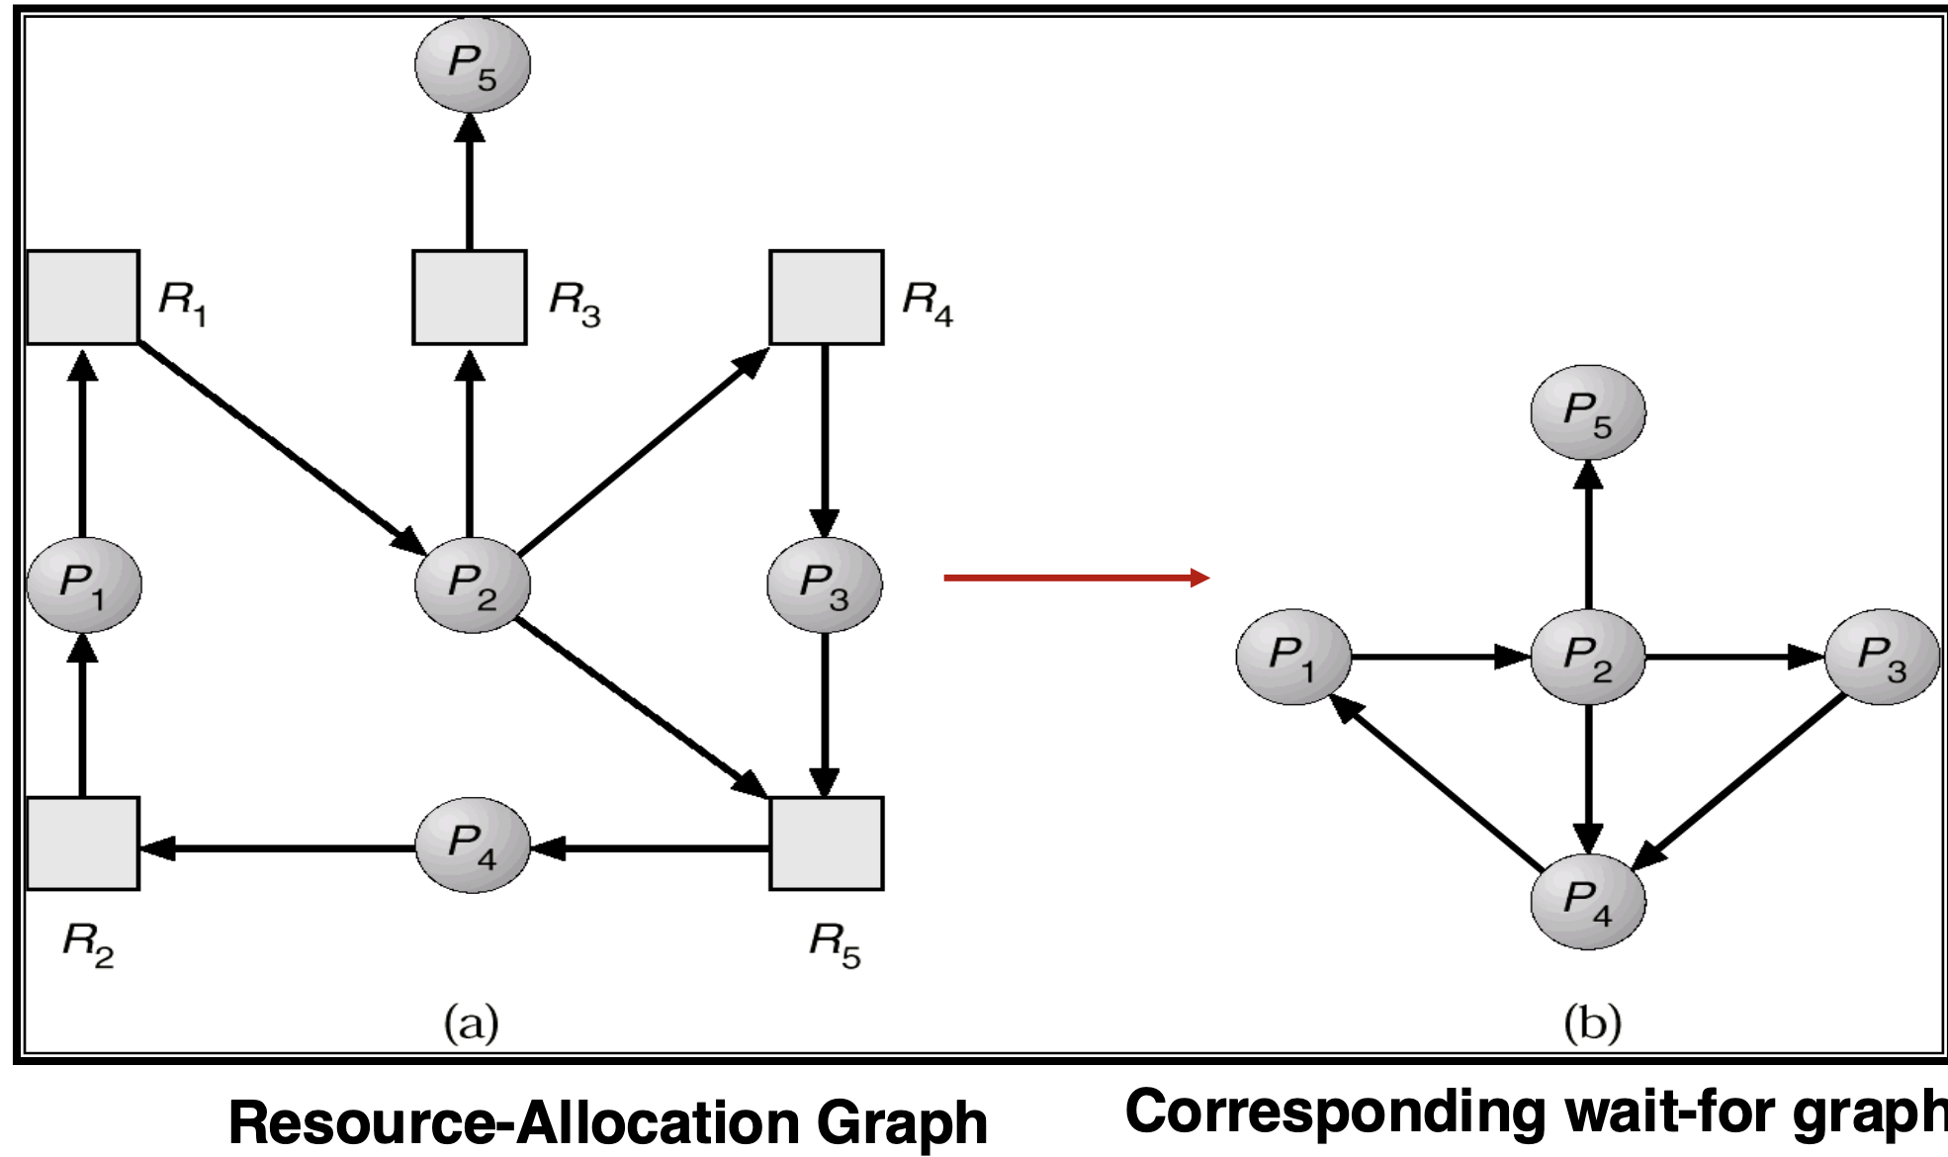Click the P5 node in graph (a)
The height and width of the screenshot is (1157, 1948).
coord(473,64)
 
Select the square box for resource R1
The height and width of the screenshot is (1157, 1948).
coord(83,297)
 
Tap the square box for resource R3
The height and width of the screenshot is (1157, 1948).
coord(470,297)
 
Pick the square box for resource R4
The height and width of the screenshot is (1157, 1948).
coord(827,297)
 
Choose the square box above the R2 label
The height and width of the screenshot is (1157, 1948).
coord(83,844)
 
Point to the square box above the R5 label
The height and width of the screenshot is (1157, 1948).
coord(827,844)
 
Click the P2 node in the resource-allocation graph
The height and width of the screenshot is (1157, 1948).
coord(473,584)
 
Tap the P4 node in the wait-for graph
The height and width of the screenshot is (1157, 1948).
coord(1588,901)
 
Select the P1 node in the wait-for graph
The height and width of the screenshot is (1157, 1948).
coord(1293,657)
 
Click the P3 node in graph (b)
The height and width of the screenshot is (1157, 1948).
coord(1882,657)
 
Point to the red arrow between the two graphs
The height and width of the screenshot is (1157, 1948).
coord(1076,578)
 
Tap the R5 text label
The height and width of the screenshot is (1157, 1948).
coord(835,944)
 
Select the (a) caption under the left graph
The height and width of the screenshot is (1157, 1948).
coord(471,1023)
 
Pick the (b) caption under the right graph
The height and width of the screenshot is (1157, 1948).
coord(1592,1023)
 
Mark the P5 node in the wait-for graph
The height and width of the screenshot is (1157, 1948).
coord(1588,412)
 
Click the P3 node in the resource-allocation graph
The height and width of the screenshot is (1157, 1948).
coord(825,584)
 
